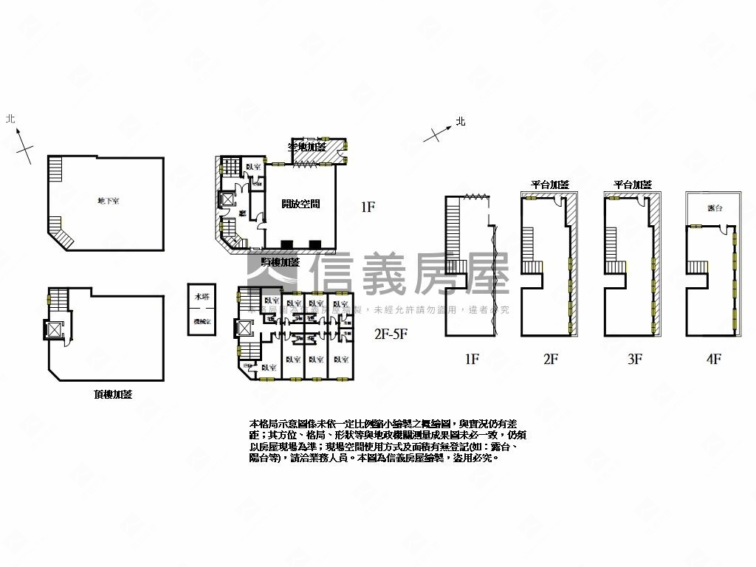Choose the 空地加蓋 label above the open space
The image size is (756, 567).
pyautogui.click(x=307, y=147)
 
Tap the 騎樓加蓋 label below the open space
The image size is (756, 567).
pyautogui.click(x=281, y=262)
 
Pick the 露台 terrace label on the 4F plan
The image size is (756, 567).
pyautogui.click(x=714, y=209)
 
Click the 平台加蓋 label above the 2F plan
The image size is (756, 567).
pyautogui.click(x=550, y=185)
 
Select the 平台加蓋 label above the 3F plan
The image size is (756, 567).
pyautogui.click(x=633, y=185)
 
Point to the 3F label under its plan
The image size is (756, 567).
pyautogui.click(x=634, y=360)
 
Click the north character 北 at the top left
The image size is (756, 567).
pyautogui.click(x=10, y=118)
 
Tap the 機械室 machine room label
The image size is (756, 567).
pyautogui.click(x=202, y=322)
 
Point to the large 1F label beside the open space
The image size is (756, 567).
pyautogui.click(x=368, y=207)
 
